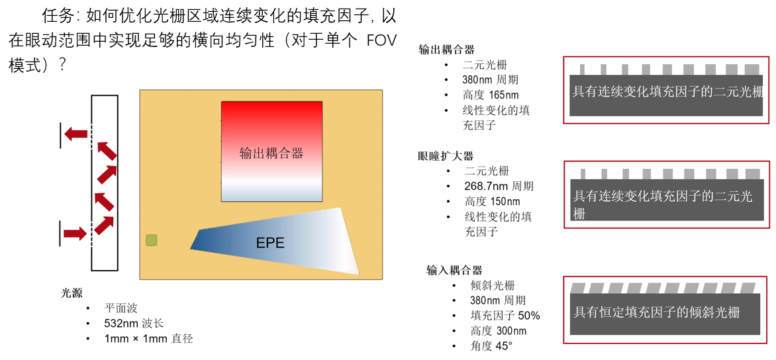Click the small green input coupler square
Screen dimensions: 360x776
[152, 240]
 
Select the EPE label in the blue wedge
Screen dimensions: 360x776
[270, 243]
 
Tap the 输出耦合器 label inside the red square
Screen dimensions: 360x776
[271, 154]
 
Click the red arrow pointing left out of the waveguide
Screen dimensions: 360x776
[76, 134]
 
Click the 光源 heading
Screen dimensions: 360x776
[72, 293]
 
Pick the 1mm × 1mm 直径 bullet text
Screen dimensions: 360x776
[148, 339]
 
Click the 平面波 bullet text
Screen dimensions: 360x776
[121, 308]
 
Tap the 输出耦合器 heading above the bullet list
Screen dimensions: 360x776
[447, 50]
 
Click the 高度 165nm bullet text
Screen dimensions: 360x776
[491, 95]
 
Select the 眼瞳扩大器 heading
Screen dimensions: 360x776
[446, 156]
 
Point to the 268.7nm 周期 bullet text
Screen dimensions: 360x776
[499, 187]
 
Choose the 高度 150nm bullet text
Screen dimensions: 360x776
[492, 202]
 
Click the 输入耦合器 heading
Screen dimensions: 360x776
[454, 270]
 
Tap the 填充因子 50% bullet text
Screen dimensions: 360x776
[505, 316]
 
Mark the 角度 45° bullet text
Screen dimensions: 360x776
[491, 346]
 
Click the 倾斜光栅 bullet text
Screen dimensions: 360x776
[493, 286]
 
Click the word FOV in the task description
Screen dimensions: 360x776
[381, 41]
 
